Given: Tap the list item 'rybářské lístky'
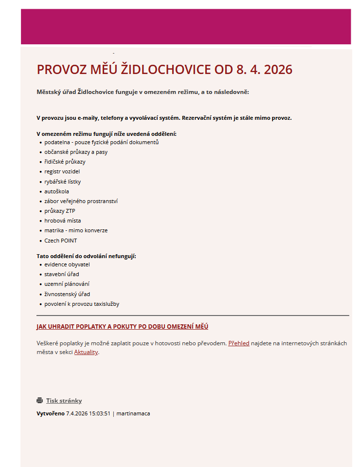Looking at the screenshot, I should (x=62, y=182).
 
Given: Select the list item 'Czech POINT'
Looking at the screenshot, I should (x=60, y=241).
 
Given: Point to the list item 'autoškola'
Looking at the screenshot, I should (x=56, y=191).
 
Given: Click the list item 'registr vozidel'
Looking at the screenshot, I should (x=62, y=171).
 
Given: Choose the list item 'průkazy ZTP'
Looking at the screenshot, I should (x=60, y=211).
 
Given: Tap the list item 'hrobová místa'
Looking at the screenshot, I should (x=62, y=221).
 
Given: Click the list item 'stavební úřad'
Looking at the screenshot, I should (x=61, y=274).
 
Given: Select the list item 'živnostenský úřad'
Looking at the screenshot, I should (x=67, y=294).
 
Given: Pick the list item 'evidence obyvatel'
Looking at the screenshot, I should (x=67, y=264).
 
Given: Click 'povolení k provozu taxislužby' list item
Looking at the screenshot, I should (x=82, y=304).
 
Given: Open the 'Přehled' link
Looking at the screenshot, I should (x=238, y=343).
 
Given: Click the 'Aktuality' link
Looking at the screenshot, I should (x=86, y=352).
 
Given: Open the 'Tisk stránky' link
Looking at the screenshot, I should (x=64, y=401).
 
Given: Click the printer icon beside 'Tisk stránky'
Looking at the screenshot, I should (x=40, y=401).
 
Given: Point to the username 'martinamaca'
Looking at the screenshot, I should (x=133, y=413).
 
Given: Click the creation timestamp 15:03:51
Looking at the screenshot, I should (x=100, y=413).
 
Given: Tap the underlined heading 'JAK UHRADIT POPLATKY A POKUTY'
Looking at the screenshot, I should (x=122, y=326).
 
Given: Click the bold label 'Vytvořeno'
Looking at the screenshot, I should (x=51, y=413).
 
